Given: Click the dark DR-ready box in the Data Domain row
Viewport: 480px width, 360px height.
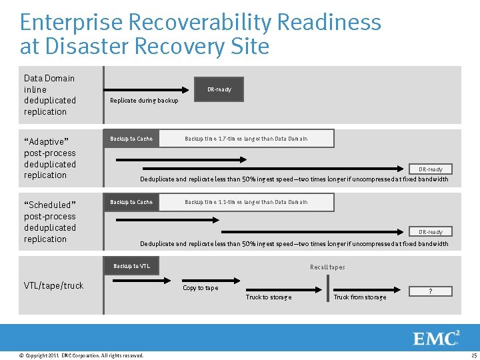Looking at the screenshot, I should coord(219,89).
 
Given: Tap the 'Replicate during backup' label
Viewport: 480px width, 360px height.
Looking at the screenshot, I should coord(144,101).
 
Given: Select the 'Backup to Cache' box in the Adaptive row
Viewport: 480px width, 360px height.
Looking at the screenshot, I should coord(131,139).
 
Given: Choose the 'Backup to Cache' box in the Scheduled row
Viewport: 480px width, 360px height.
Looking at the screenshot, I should coord(131,202).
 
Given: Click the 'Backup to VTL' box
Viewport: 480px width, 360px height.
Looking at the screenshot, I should coord(131,266).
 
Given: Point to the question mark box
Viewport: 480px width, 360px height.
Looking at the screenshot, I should coord(430,291).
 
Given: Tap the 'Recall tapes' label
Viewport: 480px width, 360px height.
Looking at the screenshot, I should coord(327,267).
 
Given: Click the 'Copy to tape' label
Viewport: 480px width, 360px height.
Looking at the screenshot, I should coord(200,288).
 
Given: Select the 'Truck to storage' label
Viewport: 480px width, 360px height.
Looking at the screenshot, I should coord(268,297).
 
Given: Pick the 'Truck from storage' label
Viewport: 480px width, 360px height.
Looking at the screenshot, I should coord(359,297).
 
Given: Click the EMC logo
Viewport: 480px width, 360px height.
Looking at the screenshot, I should coord(437,338).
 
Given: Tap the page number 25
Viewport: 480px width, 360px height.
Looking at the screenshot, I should coord(473,355).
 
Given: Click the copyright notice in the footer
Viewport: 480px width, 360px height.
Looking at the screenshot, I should coord(82,355).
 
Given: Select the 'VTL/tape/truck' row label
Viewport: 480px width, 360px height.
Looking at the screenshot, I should coord(54,285).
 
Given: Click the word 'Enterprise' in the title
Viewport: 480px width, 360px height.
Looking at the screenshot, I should coord(71,23).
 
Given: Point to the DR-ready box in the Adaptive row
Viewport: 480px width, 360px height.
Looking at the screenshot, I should coord(430,169).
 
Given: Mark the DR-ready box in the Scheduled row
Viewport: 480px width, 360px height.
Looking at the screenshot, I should coord(430,232).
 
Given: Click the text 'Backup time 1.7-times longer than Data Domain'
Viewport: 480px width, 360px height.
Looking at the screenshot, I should coord(246,139).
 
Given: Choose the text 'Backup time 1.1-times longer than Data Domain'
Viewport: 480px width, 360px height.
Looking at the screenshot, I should coord(246,202).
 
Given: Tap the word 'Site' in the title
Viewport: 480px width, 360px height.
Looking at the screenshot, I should coord(249,47).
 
